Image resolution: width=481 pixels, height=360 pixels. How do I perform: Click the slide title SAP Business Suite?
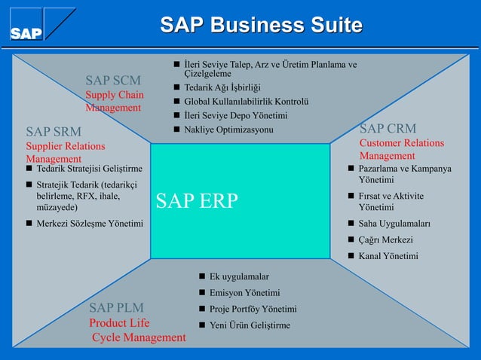pyautogui.click(x=261, y=26)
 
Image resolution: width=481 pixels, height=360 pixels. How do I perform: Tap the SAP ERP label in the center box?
pyautogui.click(x=197, y=200)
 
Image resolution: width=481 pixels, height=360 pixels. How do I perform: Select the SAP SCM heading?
pyautogui.click(x=112, y=80)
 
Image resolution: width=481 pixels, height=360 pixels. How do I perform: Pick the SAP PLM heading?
pyautogui.click(x=117, y=307)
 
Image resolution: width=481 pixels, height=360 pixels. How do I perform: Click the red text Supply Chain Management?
pyautogui.click(x=114, y=102)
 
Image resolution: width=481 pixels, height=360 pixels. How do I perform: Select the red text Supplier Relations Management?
pyautogui.click(x=66, y=152)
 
